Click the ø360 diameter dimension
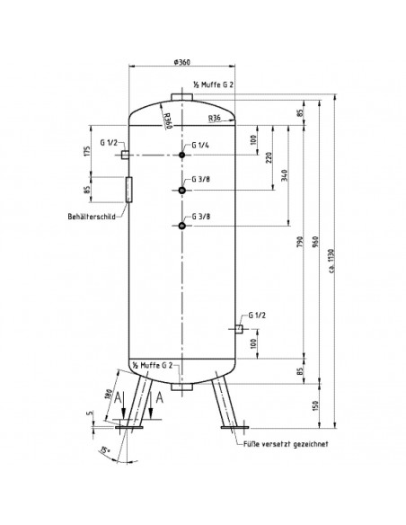point(182,62)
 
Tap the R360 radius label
point(167,120)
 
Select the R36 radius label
point(215,118)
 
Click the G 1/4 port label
point(200,145)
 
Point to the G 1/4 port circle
point(182,155)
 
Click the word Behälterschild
point(92,217)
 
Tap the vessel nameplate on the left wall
point(129,190)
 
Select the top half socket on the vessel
point(182,97)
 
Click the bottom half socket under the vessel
point(182,387)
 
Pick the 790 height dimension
point(300,242)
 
